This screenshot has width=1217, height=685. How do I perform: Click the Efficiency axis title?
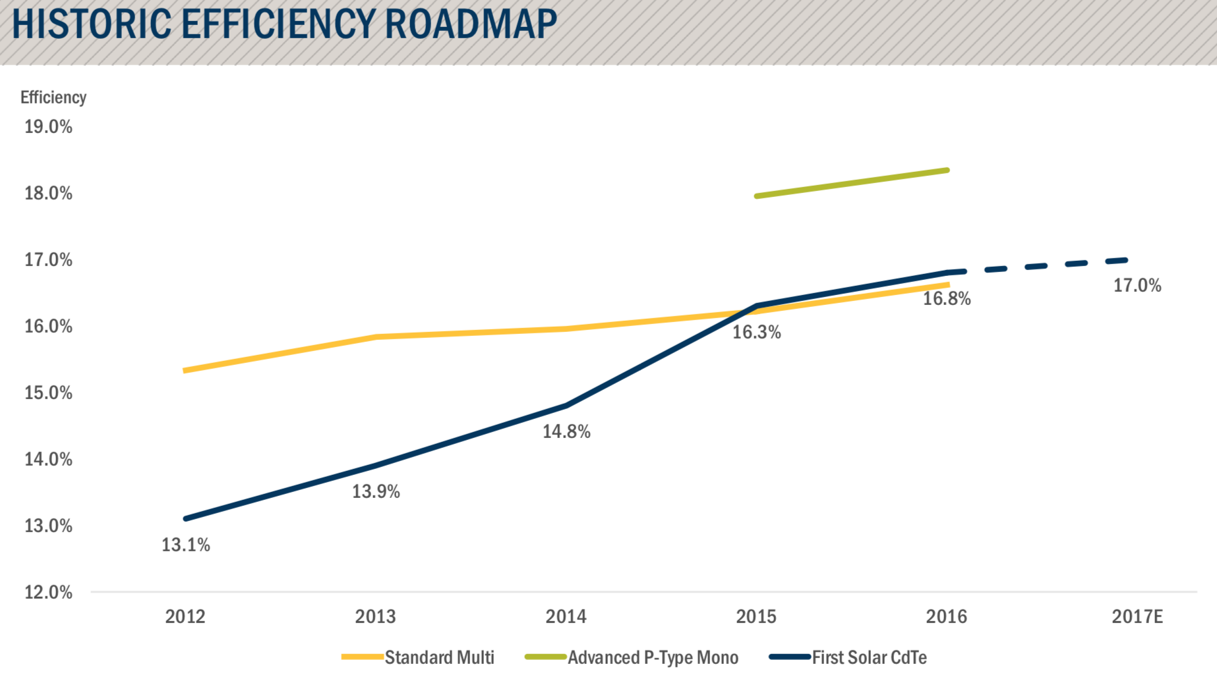coord(53,97)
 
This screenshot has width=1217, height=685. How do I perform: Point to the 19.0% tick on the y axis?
coord(48,126)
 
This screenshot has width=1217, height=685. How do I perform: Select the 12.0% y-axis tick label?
coord(48,592)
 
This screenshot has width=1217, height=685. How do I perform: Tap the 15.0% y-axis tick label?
coord(48,393)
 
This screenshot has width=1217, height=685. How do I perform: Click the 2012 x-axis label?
coord(185,616)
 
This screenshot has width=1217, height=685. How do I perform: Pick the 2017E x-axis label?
coord(1137,616)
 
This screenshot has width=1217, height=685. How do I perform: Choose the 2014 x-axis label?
coord(566,616)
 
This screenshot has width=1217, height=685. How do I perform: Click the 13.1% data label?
coord(186,545)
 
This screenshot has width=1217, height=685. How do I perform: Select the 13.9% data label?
coord(376,491)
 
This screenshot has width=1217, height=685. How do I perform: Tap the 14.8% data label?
coord(566,431)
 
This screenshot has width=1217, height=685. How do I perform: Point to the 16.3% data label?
coord(756,332)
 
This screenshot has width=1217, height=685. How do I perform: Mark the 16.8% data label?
coord(947,298)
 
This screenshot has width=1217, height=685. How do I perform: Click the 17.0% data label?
coord(1137,285)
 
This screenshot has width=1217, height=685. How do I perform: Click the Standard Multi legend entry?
coord(439,657)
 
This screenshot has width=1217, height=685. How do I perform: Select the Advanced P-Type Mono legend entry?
coord(653,657)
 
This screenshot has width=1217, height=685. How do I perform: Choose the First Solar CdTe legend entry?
coord(869,657)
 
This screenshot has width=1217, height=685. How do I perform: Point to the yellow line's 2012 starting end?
coord(187,371)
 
